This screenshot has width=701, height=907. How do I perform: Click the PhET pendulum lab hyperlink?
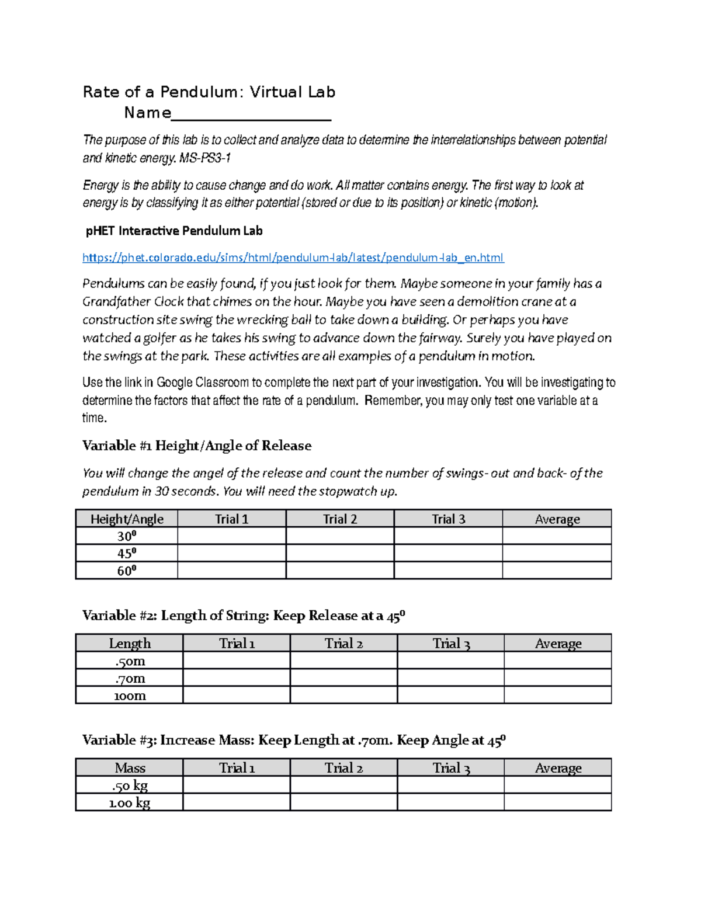[293, 258]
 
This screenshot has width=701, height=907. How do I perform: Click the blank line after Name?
[251, 114]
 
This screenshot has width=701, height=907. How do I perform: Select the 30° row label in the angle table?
[126, 536]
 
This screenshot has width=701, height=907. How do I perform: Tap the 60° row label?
[126, 571]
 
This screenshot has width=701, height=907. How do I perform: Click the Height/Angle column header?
[127, 519]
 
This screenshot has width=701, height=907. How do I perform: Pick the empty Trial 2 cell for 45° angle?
[340, 553]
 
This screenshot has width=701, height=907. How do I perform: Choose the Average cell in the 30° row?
[557, 536]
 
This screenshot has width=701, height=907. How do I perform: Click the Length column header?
[129, 643]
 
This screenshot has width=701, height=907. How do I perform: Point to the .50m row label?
[129, 661]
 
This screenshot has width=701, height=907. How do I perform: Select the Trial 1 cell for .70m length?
[236, 678]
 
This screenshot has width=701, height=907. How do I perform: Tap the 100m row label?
[129, 695]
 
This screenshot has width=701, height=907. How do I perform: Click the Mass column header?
[130, 767]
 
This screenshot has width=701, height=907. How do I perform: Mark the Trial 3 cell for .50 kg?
[450, 785]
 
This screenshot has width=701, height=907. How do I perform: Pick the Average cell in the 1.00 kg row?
[557, 802]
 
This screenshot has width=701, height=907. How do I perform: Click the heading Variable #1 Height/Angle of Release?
[197, 446]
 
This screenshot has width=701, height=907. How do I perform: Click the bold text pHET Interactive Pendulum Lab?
[174, 231]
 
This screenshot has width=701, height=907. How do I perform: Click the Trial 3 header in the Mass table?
[450, 767]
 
